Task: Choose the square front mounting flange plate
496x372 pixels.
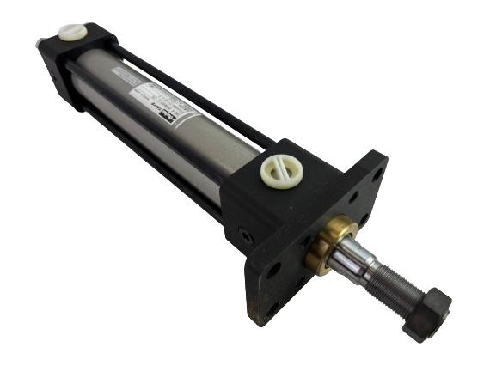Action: (x=344, y=215)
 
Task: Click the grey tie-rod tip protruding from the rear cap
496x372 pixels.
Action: (x=40, y=42)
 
